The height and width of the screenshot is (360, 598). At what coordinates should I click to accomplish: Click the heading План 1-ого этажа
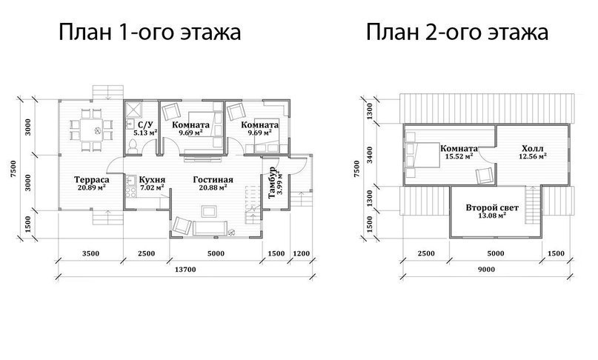click(x=150, y=32)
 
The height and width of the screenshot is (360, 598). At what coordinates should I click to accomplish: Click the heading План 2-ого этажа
click(x=457, y=32)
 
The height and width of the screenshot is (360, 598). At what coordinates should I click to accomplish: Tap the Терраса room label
click(x=92, y=179)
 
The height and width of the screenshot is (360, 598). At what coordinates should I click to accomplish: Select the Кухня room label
click(x=152, y=179)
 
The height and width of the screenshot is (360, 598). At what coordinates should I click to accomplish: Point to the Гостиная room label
click(x=213, y=179)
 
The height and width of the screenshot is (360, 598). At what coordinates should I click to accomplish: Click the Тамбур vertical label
click(x=272, y=182)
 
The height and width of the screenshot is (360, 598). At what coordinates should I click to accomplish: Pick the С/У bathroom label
click(x=145, y=124)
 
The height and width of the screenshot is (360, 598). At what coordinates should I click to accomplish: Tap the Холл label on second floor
click(x=533, y=148)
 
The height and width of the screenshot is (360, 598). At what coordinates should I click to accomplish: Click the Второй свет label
click(x=492, y=208)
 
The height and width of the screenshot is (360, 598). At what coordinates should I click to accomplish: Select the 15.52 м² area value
click(x=459, y=156)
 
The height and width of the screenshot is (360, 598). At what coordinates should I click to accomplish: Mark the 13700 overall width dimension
click(x=185, y=270)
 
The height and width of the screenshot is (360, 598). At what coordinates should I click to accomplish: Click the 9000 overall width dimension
click(x=486, y=270)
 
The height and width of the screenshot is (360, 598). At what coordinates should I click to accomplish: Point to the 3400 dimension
click(x=370, y=155)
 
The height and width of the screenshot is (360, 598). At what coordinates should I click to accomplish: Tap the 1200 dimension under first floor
click(x=302, y=253)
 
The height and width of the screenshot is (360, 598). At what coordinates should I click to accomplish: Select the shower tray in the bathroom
click(x=133, y=110)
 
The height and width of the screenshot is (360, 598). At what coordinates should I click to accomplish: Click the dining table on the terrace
click(x=92, y=130)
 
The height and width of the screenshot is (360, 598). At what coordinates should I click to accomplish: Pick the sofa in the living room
click(x=210, y=227)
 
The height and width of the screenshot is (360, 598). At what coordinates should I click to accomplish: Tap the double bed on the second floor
click(x=422, y=155)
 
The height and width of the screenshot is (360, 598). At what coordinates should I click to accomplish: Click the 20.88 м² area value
click(x=213, y=187)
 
